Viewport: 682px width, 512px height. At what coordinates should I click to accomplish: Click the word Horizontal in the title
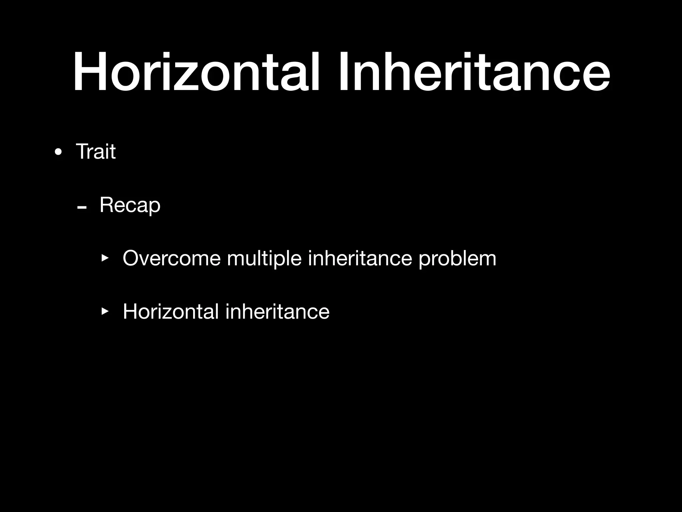(196, 72)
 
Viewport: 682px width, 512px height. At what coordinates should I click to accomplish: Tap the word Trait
(96, 152)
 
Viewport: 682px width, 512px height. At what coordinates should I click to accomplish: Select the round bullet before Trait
(58, 152)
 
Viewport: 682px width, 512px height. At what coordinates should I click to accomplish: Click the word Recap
(130, 205)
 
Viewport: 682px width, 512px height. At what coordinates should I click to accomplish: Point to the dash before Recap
(82, 208)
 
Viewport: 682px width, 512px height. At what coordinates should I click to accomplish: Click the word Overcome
(171, 258)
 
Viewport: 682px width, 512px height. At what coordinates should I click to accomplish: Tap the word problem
(457, 259)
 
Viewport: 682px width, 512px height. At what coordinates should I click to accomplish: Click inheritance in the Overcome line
(360, 258)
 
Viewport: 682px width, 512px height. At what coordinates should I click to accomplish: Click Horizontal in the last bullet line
(171, 311)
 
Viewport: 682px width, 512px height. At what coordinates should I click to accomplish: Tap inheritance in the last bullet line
(277, 311)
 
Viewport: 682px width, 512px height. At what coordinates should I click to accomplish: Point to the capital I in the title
(342, 72)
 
